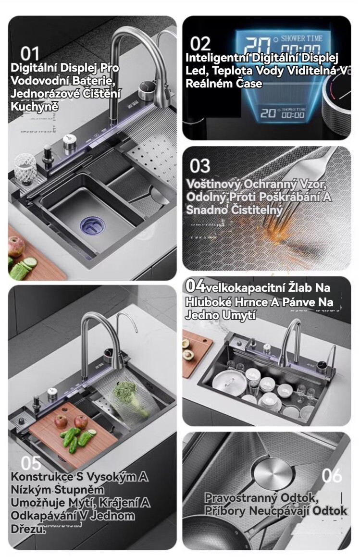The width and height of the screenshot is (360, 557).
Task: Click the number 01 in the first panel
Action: click(29, 54)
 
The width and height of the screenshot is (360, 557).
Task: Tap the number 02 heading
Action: click(200, 44)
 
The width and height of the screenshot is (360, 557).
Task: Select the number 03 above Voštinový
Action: click(200, 166)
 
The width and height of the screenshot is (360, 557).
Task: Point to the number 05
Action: click(31, 463)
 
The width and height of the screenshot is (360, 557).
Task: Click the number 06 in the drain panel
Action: click(332, 475)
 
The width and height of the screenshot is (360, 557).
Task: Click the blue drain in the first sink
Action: click(92, 226)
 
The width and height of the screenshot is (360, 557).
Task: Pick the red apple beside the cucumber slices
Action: click(16, 246)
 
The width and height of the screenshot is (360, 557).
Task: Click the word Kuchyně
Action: click(34, 106)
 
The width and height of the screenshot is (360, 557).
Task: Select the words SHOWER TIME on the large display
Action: click(301, 38)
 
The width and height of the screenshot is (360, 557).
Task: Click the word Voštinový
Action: click(213, 184)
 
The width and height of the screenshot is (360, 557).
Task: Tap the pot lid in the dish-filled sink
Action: click(229, 383)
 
